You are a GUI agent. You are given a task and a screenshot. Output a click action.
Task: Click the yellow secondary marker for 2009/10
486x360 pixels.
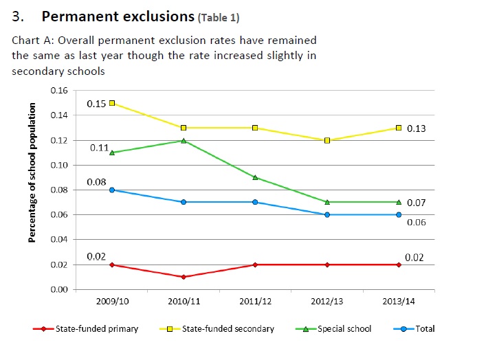112,103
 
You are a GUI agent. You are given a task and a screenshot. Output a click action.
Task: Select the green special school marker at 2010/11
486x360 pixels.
184,140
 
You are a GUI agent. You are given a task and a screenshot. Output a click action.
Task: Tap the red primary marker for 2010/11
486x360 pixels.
184,277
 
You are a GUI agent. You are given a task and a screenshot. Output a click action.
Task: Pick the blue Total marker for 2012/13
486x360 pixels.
327,214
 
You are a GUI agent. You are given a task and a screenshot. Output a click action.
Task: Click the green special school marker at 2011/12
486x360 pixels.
255,177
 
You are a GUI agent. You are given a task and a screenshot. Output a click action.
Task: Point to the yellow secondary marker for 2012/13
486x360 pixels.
327,140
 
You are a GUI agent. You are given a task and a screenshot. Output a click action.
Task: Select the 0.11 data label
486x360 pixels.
98,148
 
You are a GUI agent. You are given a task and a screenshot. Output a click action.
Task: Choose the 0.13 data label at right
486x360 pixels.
416,128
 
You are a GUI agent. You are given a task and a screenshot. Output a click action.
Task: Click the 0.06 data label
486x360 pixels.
416,223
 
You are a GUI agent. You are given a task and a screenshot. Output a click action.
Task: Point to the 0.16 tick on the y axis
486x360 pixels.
59,91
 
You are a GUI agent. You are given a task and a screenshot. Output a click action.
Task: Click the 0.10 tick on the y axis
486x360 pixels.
59,166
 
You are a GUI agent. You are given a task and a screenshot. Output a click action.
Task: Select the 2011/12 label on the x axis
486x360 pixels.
255,301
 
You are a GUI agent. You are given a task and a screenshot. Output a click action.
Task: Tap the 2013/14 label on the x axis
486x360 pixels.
399,301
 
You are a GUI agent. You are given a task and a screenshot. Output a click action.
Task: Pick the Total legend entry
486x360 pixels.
425,329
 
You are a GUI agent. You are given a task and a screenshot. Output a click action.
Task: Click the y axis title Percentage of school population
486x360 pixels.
32,172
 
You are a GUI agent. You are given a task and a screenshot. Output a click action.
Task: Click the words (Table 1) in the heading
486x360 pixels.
219,17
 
